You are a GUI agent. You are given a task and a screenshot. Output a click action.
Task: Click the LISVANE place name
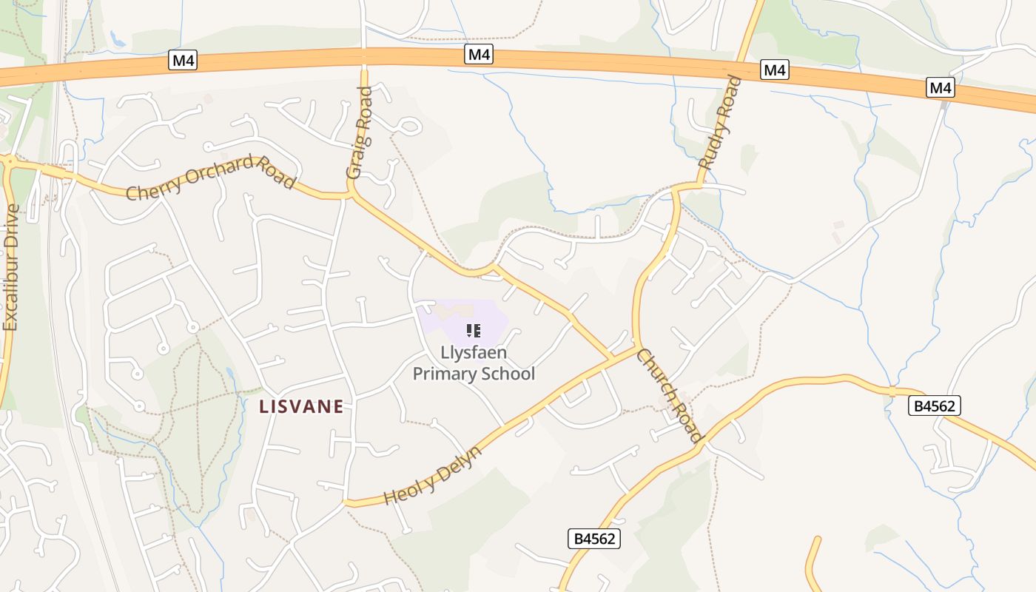302,406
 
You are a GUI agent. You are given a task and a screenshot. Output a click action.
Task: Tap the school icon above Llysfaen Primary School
474,330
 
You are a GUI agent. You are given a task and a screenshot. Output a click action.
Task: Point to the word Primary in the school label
445,374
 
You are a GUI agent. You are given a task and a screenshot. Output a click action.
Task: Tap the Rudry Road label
720,123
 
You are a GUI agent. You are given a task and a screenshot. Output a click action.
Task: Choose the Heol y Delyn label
434,475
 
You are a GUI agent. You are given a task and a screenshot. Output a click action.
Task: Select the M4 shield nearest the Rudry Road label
774,70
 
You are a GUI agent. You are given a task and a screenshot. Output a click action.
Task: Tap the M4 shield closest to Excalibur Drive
182,61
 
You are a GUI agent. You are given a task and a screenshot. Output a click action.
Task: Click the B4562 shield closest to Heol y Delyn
594,539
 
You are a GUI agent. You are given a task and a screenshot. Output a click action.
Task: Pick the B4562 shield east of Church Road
935,406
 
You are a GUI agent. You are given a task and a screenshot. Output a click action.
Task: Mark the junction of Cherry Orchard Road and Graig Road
351,195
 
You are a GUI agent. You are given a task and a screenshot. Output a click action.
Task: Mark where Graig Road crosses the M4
363,57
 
